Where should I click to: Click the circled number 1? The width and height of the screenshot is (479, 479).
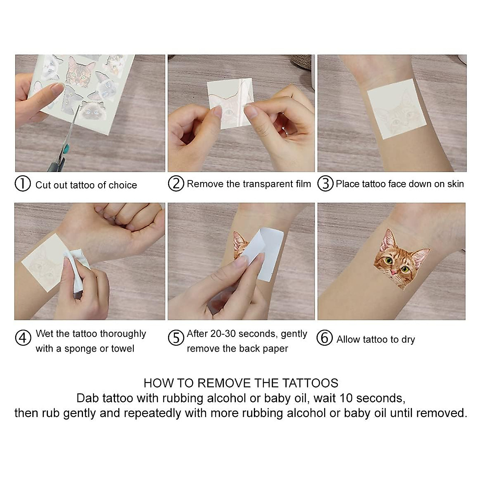coord(23,184)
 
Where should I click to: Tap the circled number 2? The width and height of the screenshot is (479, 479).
coord(176,184)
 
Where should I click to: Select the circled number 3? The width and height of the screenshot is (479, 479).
coord(325,184)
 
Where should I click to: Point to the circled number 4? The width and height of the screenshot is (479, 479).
coord(23,337)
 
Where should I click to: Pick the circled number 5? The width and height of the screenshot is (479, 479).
coord(176,337)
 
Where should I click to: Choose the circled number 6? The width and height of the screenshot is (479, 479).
coord(325,337)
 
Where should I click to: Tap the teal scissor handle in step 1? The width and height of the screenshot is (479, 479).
coord(66,150)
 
